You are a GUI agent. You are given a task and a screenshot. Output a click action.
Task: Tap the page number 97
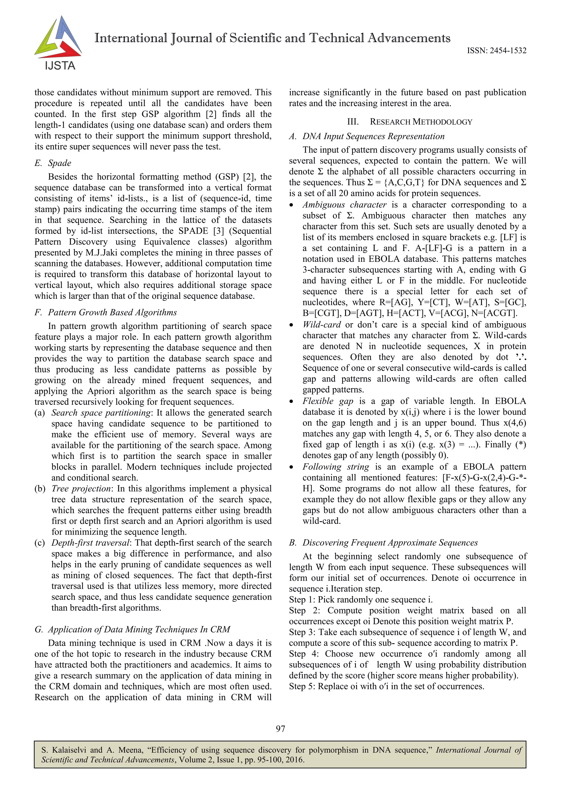280,729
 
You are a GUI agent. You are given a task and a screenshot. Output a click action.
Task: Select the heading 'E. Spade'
53,163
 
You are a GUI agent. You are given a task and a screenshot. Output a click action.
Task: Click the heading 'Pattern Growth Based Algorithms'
112,313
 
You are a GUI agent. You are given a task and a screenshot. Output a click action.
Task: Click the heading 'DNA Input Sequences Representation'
373,136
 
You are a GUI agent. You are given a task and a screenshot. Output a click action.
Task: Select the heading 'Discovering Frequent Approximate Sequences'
390,543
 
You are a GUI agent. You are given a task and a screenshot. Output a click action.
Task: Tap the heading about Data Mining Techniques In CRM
139,629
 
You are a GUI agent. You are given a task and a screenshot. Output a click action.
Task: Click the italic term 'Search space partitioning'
101,413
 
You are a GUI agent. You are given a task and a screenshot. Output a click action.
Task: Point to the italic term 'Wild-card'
321,325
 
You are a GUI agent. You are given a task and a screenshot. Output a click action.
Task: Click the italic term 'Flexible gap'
328,401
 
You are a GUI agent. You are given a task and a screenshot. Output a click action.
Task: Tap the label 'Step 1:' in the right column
302,600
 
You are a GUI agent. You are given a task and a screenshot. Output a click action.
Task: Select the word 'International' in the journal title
131,38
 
